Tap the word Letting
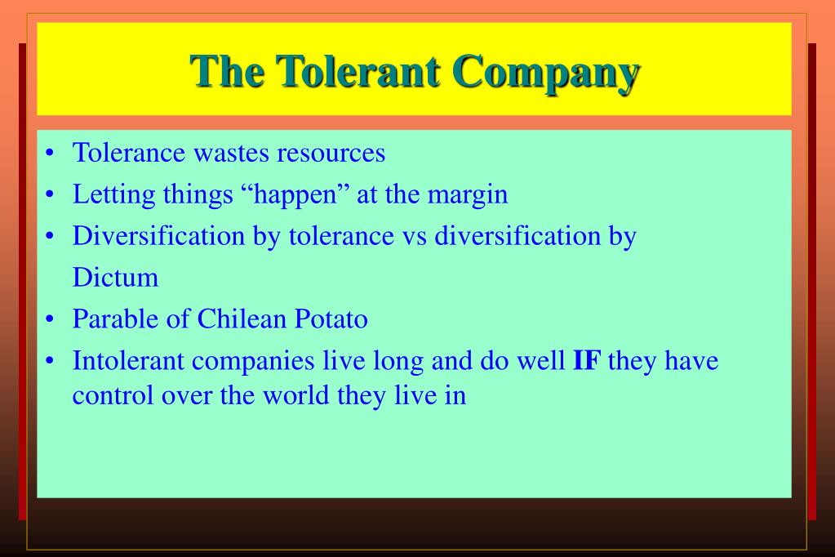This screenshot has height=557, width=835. [105, 194]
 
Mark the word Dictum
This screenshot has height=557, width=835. [115, 278]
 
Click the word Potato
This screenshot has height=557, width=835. [335, 319]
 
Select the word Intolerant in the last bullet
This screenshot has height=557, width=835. [126, 360]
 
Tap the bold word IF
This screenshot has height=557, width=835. [587, 360]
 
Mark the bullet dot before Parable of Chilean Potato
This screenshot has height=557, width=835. [51, 319]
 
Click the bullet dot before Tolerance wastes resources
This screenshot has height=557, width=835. [51, 154]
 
